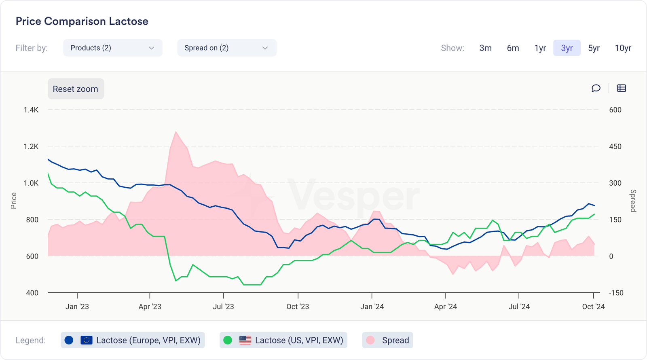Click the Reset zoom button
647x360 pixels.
[76, 89]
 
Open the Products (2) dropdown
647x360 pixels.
[112, 48]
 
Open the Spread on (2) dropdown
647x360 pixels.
[226, 48]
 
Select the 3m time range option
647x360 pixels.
[485, 48]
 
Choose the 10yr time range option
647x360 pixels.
[623, 48]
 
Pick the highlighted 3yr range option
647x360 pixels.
[567, 48]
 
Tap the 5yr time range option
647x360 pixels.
[594, 48]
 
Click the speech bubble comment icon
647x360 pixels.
[596, 88]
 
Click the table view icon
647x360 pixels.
[622, 88]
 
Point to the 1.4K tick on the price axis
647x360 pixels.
[31, 110]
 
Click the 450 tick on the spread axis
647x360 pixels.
[615, 146]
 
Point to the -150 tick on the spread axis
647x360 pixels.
[616, 293]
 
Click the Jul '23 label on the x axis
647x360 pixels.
[223, 307]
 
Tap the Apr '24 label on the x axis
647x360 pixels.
[445, 307]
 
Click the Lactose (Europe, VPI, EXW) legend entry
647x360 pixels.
[133, 340]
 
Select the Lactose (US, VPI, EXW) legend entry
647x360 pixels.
[283, 340]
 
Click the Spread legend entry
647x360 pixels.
[387, 340]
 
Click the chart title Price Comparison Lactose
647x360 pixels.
[82, 21]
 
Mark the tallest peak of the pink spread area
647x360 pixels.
[175, 132]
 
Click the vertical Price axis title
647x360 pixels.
[14, 201]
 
